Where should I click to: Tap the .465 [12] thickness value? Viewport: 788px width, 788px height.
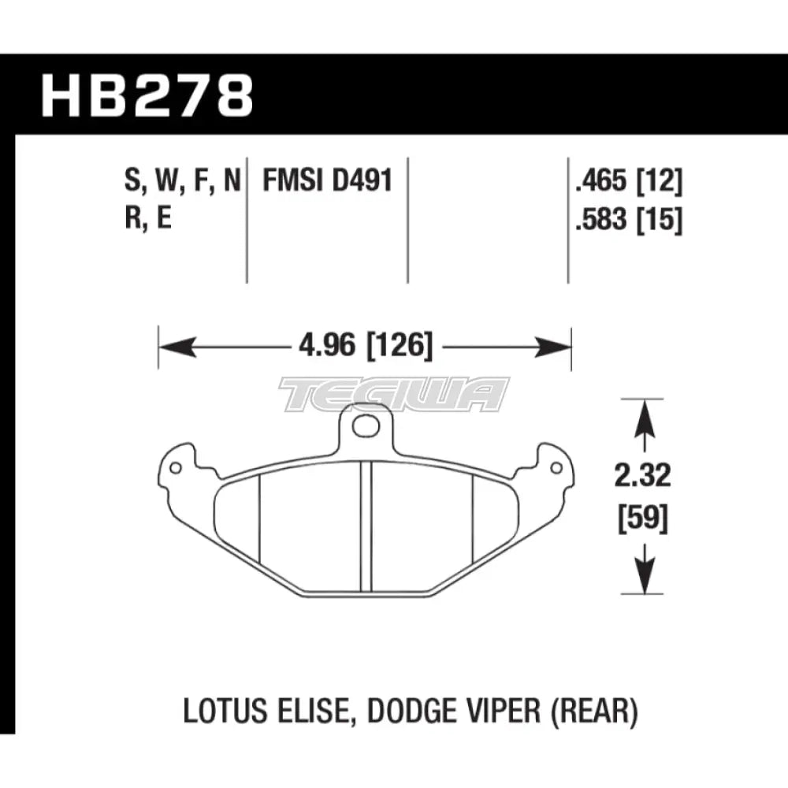click(628, 183)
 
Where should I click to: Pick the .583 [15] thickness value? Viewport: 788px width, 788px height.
click(628, 221)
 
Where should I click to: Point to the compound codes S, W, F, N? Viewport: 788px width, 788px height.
click(181, 183)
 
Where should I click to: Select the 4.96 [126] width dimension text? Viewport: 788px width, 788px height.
click(365, 347)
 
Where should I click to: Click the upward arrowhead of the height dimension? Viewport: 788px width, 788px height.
click(645, 413)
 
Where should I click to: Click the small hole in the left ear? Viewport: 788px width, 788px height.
click(175, 470)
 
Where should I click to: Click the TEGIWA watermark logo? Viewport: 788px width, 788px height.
click(394, 393)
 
